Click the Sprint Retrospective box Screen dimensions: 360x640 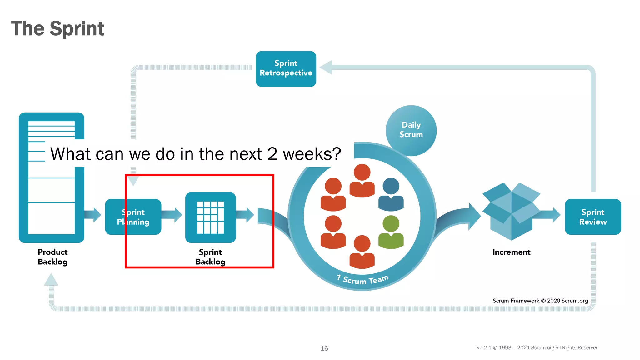pos(286,69)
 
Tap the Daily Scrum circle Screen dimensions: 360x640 pos(411,130)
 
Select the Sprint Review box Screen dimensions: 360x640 pos(593,217)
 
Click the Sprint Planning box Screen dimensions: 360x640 pos(133,217)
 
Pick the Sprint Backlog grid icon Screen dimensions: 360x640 pos(210,217)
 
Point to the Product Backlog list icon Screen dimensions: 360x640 pos(52,177)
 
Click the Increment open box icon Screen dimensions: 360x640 pos(511,211)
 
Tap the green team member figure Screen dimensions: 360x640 pos(391,232)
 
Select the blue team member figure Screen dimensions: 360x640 pos(391,194)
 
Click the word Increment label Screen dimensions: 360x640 pos(511,252)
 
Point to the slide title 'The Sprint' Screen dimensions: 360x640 pos(57,28)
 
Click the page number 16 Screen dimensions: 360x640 pos(324,348)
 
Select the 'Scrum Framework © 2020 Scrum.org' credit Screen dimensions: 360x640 pos(540,301)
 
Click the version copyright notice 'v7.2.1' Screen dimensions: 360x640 pos(537,348)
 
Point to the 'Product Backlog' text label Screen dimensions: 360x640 pos(52,257)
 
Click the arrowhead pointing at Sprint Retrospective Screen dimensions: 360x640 pos(326,67)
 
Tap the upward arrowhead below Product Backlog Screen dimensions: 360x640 pos(51,279)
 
